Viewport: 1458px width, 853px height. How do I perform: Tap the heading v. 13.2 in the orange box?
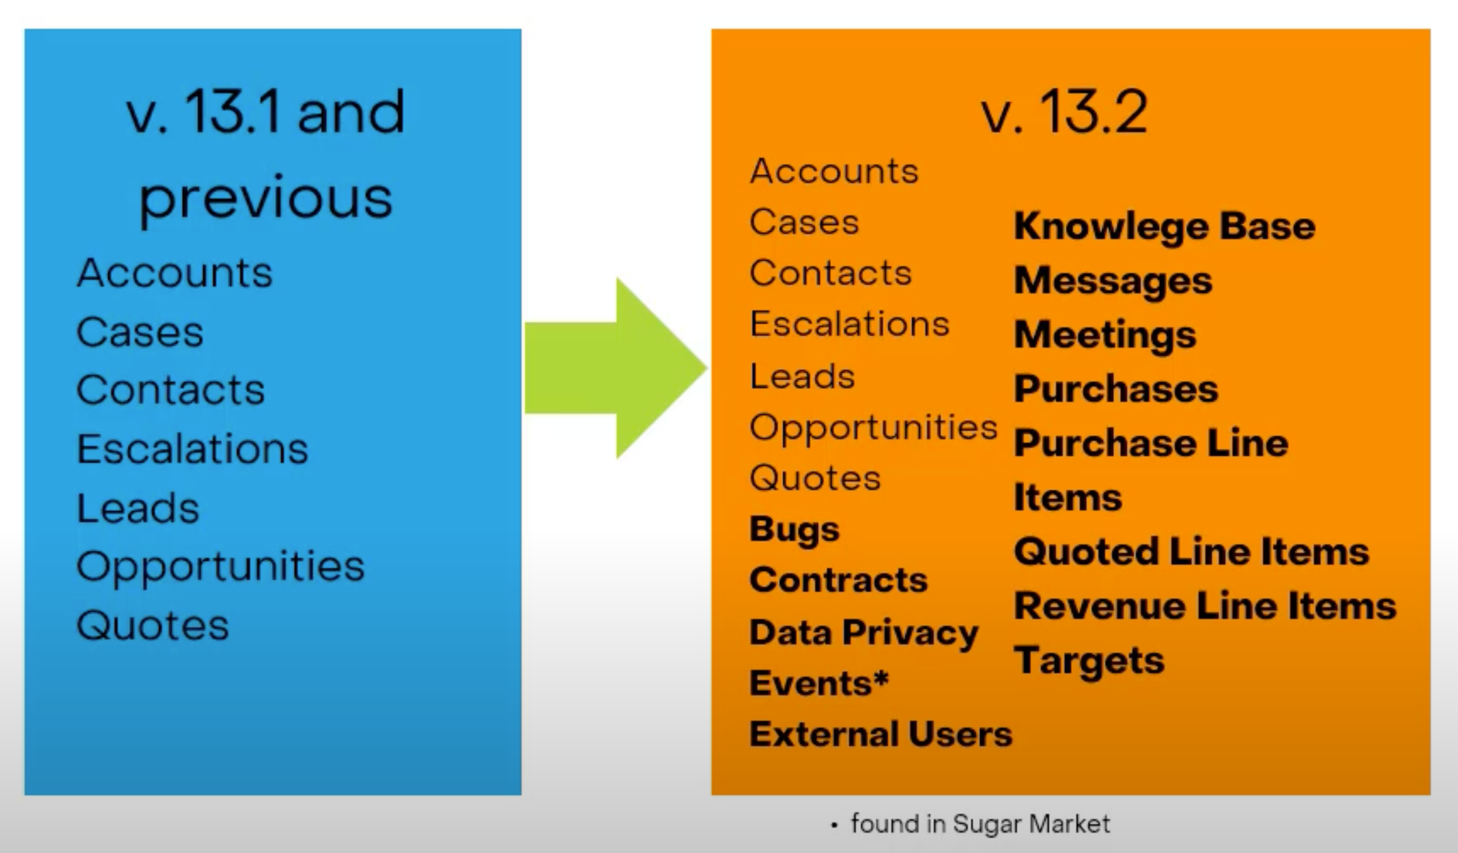coord(1064,112)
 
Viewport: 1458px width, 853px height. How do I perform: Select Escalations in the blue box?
coord(192,449)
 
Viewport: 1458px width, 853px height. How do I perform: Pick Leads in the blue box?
coord(138,508)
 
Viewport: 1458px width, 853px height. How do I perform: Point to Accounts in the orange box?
coord(834,171)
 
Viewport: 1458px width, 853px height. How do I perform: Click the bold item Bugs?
coord(794,530)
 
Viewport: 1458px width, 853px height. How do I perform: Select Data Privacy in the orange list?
coord(863,632)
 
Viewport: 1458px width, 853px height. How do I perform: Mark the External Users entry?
coord(880,734)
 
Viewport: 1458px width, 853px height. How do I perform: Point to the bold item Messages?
coord(1113,281)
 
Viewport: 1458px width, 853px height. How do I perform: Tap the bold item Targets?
coord(1089,661)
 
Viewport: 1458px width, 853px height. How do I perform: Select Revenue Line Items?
coord(1205,606)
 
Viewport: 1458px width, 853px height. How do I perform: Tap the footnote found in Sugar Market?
coord(980,823)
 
